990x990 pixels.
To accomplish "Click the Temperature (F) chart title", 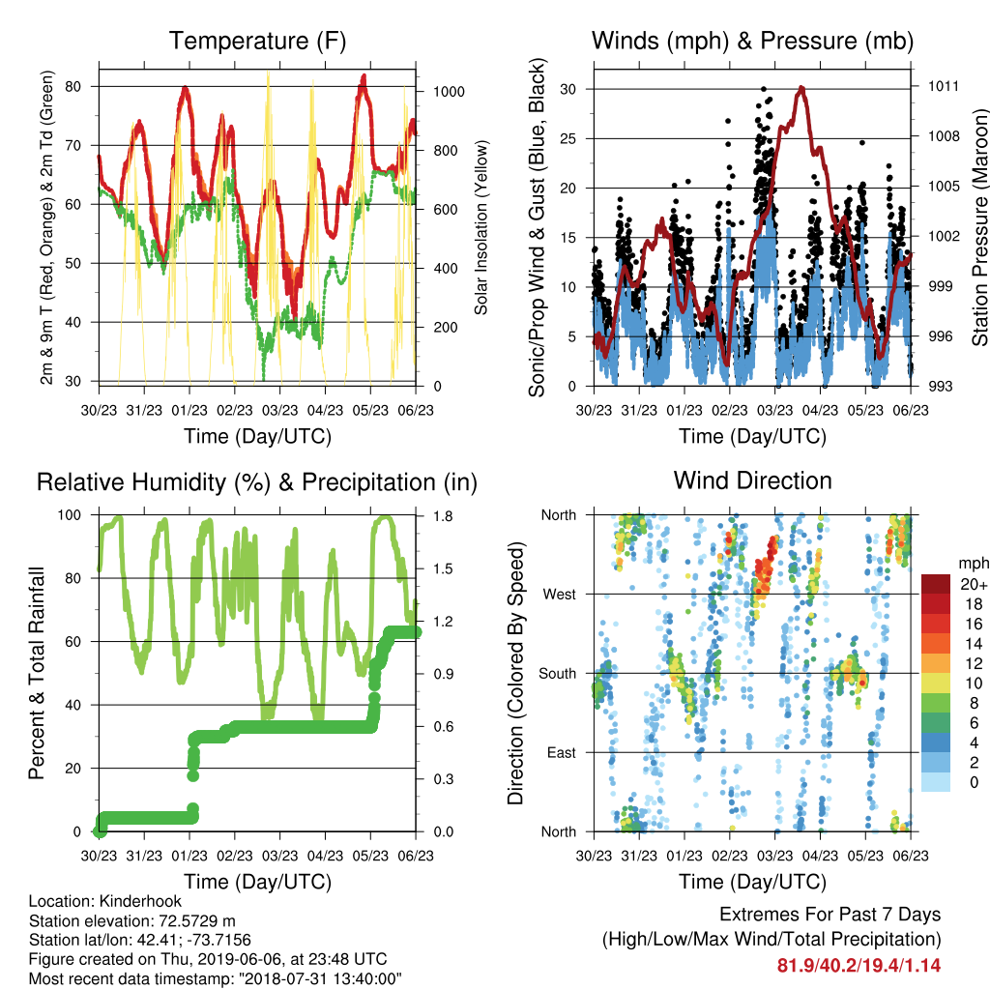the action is (257, 41).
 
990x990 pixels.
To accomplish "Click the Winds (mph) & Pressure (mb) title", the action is (752, 41).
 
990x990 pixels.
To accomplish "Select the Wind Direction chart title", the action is (752, 480).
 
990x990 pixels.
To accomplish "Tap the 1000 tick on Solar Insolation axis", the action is (449, 92).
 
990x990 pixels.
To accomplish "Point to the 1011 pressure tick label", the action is (944, 86).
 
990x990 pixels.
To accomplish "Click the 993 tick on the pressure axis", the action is (940, 386).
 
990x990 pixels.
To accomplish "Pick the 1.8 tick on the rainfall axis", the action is (443, 516).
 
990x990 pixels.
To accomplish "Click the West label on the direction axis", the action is (560, 595).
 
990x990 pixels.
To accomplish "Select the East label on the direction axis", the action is (562, 752).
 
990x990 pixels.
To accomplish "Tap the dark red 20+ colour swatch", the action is (935, 584).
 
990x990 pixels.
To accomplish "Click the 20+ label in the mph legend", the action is (974, 585).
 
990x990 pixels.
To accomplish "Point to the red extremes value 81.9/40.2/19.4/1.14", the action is (859, 966).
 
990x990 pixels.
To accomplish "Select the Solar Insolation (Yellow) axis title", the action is (481, 227).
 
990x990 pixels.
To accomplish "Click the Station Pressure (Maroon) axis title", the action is (979, 227).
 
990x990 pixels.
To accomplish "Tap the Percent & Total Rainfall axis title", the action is (37, 673).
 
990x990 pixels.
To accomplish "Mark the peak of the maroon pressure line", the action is (801, 87).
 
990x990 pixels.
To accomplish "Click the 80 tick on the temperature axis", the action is (73, 86).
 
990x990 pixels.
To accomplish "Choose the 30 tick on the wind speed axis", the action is (568, 89).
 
